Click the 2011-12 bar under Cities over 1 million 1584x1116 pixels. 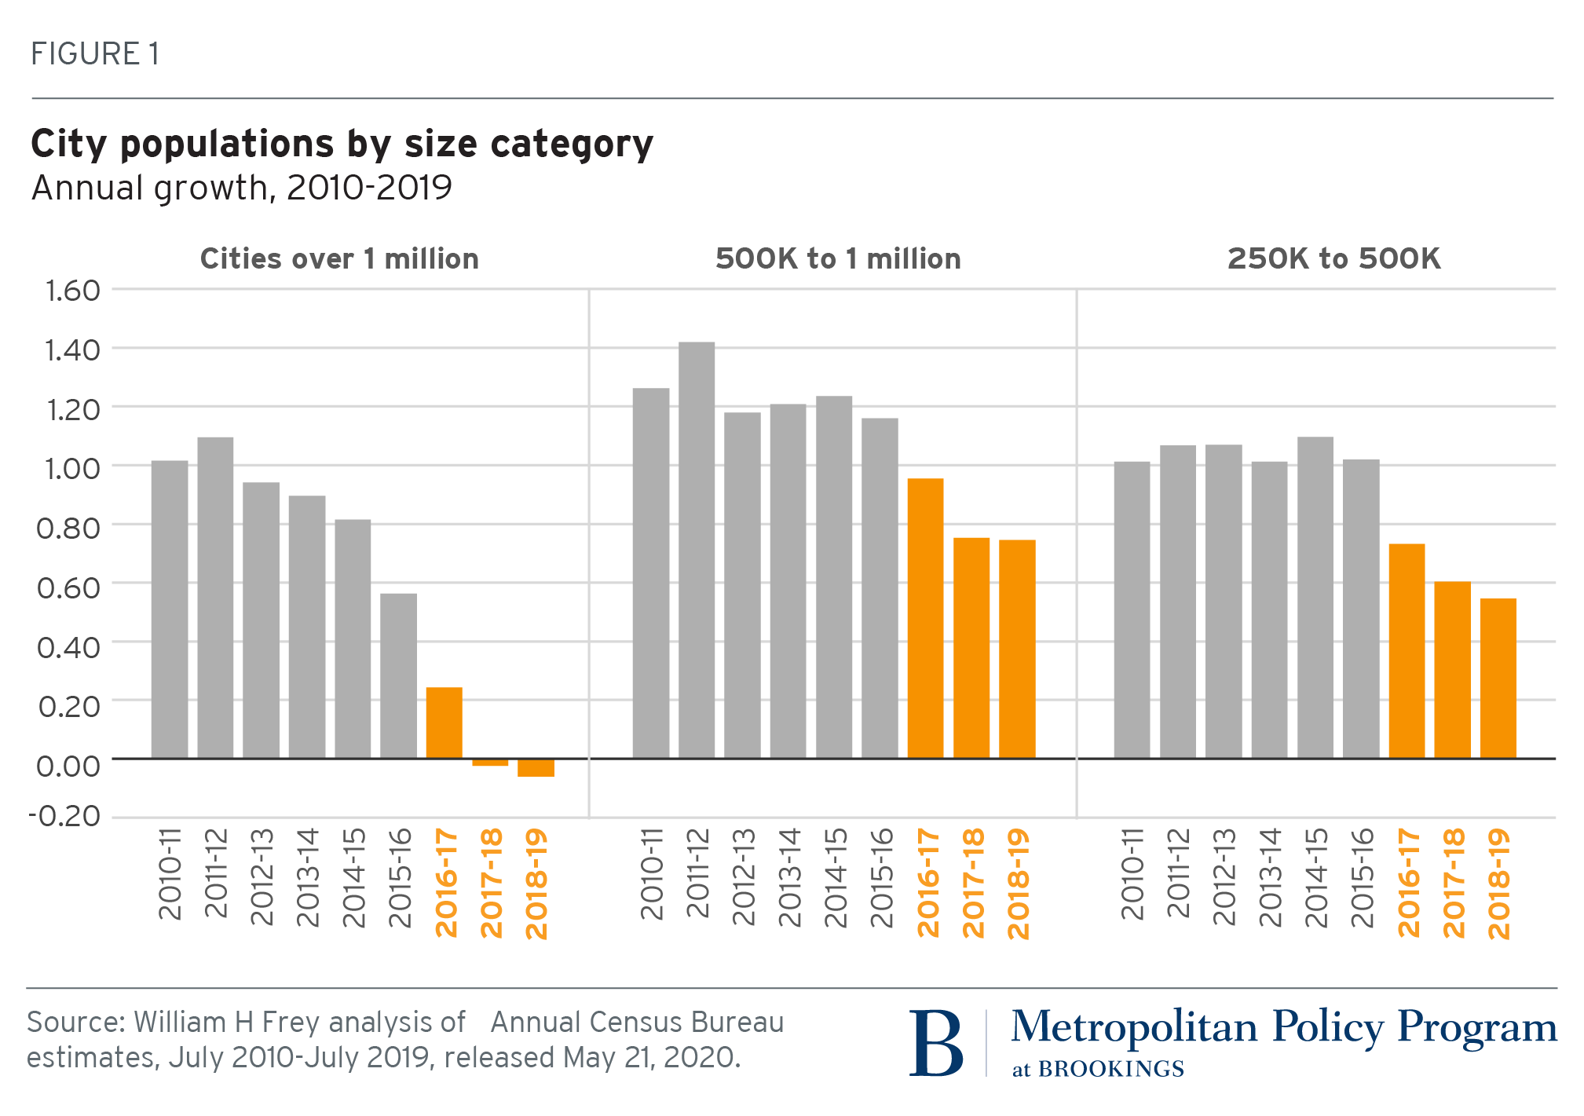point(215,597)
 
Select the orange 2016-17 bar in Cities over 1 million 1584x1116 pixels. point(444,723)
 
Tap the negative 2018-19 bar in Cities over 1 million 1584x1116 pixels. point(536,768)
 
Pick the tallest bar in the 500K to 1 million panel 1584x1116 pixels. point(697,550)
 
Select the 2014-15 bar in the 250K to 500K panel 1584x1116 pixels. point(1315,597)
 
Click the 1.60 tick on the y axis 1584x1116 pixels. point(72,291)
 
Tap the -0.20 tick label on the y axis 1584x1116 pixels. point(65,816)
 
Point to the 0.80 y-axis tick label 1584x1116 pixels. point(68,528)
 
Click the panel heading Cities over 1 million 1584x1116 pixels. point(339,259)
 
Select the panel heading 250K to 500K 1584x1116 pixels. point(1333,259)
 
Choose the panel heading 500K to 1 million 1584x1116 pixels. point(838,259)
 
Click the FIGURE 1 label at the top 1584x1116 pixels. point(95,54)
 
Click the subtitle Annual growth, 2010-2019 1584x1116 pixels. point(241,188)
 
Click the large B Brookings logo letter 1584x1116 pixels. point(936,1043)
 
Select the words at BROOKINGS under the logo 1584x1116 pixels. point(1098,1069)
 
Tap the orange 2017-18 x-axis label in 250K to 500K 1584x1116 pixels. point(1454,883)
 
